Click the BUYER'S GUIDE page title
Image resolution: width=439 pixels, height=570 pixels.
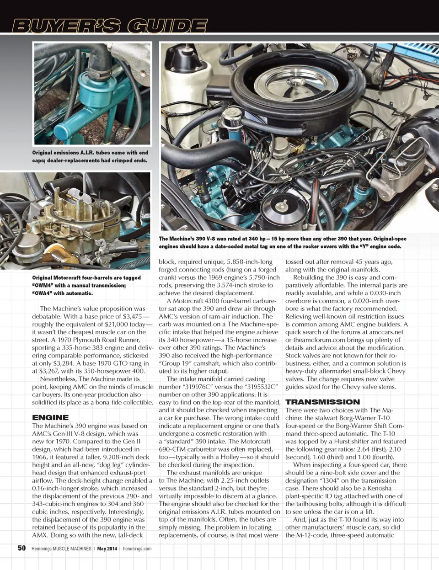point(109,26)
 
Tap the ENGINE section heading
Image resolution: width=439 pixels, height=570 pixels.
point(50,417)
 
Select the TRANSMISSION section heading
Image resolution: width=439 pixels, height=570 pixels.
point(322,402)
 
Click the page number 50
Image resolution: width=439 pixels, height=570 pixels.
point(21,548)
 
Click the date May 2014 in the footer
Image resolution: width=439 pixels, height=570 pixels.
point(107,549)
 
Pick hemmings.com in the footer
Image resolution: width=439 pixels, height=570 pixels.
point(137,549)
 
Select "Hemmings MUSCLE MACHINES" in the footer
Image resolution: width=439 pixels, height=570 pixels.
point(61,549)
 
